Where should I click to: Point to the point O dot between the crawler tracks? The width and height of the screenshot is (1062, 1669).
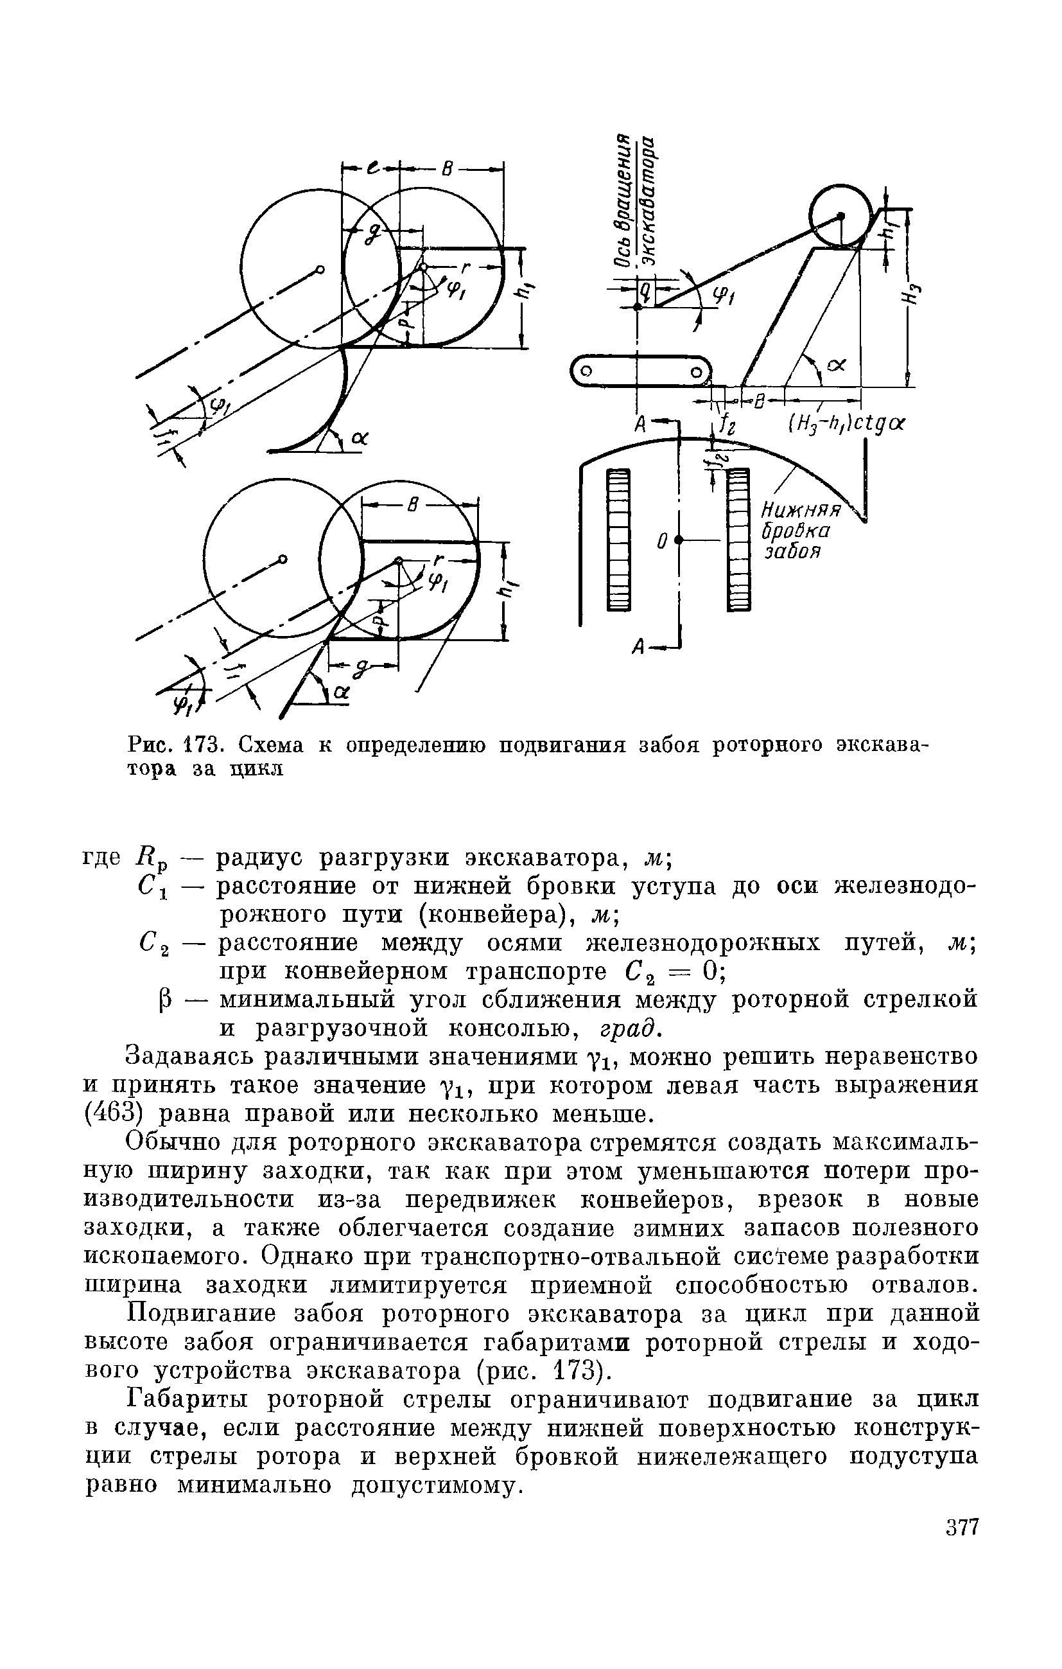point(678,539)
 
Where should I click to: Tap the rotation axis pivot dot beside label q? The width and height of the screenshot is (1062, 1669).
point(638,306)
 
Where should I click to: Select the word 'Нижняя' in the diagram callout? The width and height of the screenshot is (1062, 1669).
point(801,511)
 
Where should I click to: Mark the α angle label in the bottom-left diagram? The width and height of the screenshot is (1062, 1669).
point(340,691)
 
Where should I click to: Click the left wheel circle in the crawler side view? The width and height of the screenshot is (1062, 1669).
point(586,371)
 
